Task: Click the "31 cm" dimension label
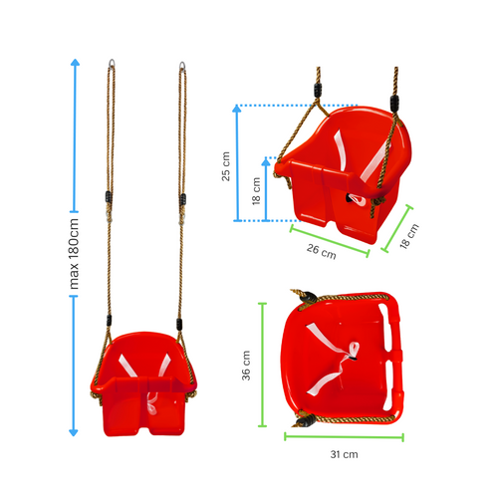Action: [x=344, y=454]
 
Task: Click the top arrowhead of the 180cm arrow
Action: [x=74, y=63]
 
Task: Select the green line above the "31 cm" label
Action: [x=344, y=435]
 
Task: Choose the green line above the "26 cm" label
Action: [x=329, y=239]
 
